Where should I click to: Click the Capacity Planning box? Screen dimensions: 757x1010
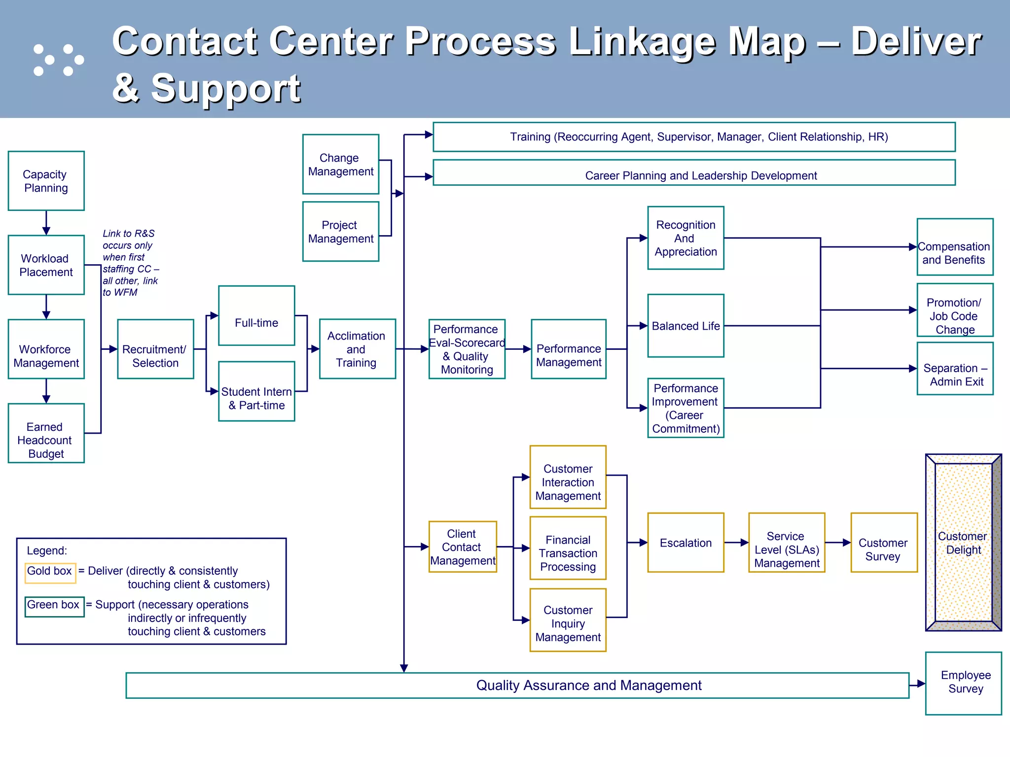click(46, 181)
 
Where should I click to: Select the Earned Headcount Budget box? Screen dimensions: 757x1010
click(46, 433)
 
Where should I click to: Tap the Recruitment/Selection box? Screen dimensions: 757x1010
click(155, 349)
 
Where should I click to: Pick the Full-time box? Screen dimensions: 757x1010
click(256, 315)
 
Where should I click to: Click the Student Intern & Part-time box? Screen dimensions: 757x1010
click(256, 391)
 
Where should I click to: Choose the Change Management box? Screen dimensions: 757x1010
click(340, 164)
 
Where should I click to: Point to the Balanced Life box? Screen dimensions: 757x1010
click(685, 326)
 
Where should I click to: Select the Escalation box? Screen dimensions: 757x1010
click(685, 543)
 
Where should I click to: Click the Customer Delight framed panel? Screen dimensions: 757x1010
click(963, 543)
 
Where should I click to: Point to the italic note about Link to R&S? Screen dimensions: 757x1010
click(129, 263)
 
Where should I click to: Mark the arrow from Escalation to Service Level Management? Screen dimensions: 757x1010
click(737, 543)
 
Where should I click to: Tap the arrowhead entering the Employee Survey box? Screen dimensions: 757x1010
click(921, 684)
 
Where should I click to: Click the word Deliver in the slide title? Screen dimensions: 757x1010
click(916, 42)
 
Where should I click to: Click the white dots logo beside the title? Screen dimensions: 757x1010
click(58, 60)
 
